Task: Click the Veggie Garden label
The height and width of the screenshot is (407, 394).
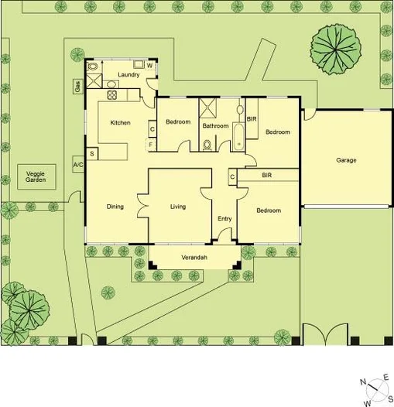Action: pos(36,176)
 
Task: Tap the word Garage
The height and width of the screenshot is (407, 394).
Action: pos(346,160)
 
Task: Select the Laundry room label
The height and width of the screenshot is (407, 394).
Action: pos(129,75)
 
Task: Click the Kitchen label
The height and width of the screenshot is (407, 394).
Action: pos(119,123)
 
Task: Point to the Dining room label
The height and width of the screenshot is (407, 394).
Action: pos(115,207)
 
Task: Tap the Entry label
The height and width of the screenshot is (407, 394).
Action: pos(224,219)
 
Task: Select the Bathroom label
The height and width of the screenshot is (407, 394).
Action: pos(215,125)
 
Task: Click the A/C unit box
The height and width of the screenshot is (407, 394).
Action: pos(78,165)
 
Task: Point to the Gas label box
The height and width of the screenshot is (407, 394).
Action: pos(78,86)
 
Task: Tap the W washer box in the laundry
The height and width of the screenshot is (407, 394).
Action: pos(149,67)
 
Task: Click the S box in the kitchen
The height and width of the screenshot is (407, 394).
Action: pos(92,154)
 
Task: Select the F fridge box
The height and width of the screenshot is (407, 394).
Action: pos(151,144)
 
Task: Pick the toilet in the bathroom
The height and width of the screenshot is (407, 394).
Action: pos(207,144)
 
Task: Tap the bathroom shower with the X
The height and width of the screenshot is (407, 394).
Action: pos(209,107)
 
